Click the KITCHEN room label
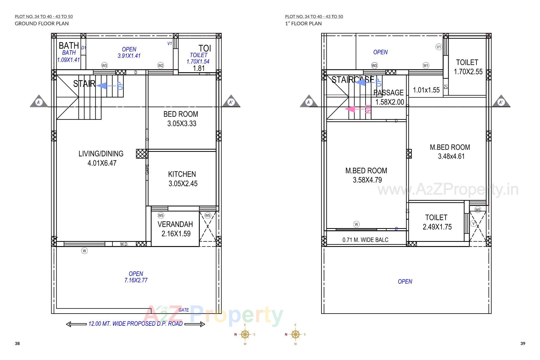pyautogui.click(x=182, y=174)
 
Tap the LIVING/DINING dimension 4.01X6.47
pyautogui.click(x=102, y=163)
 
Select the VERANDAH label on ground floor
pyautogui.click(x=175, y=224)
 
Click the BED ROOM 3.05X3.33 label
pyautogui.click(x=181, y=119)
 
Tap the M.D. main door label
pyautogui.click(x=124, y=244)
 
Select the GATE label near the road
pyautogui.click(x=184, y=310)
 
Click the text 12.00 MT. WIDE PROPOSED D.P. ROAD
pyautogui.click(x=136, y=324)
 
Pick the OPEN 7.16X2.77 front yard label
pyautogui.click(x=136, y=277)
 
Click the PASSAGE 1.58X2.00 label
pyautogui.click(x=389, y=97)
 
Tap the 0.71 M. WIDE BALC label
pyautogui.click(x=365, y=240)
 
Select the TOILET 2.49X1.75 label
pyautogui.click(x=436, y=222)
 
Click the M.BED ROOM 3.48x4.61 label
pyautogui.click(x=450, y=152)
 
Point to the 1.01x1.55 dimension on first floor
pyautogui.click(x=426, y=90)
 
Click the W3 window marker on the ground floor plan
pyautogui.click(x=104, y=66)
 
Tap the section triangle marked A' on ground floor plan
pyautogui.click(x=231, y=102)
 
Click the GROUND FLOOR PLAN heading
pyautogui.click(x=42, y=24)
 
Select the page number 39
pyautogui.click(x=523, y=343)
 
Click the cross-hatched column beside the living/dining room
pyautogui.click(x=142, y=154)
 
